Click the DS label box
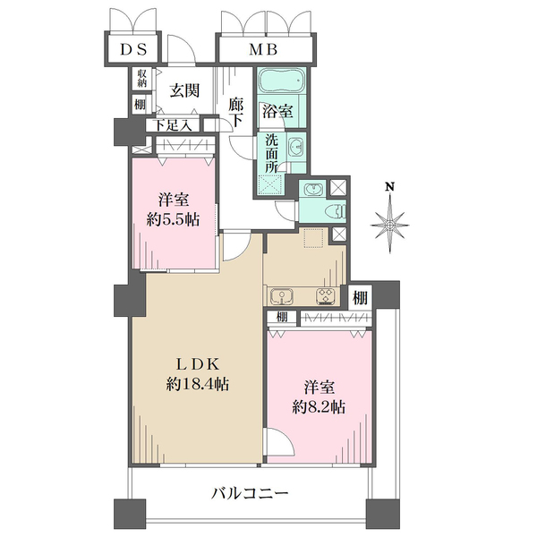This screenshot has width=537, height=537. (133, 49)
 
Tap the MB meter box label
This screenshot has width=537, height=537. (262, 49)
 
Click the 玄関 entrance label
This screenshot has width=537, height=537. (185, 90)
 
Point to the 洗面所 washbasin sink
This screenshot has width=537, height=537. (294, 148)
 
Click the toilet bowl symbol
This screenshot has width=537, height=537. (337, 210)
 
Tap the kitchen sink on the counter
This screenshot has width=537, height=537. (282, 296)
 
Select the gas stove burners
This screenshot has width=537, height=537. (325, 296)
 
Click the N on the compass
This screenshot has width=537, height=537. (389, 187)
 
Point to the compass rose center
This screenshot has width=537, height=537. (389, 225)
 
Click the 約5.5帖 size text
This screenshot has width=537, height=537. (173, 219)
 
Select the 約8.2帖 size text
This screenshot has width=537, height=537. (319, 407)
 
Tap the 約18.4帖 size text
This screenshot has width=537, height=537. (198, 385)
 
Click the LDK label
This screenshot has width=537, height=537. (198, 364)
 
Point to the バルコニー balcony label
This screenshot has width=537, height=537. (250, 493)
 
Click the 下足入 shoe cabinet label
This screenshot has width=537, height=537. (172, 125)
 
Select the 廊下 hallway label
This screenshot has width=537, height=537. (235, 113)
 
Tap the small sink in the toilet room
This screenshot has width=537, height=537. (313, 189)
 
